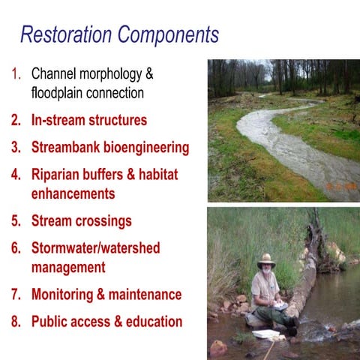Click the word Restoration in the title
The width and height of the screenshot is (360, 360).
(67, 34)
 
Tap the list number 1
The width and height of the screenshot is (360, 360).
(16, 73)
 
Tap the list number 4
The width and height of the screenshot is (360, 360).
(16, 174)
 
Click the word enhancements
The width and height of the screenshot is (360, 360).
(73, 193)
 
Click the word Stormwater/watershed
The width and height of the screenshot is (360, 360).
(95, 247)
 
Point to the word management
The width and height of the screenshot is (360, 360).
(68, 267)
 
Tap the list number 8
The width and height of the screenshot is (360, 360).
(16, 321)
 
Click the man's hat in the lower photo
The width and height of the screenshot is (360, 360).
(265, 260)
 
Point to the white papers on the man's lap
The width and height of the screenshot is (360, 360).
(280, 306)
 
